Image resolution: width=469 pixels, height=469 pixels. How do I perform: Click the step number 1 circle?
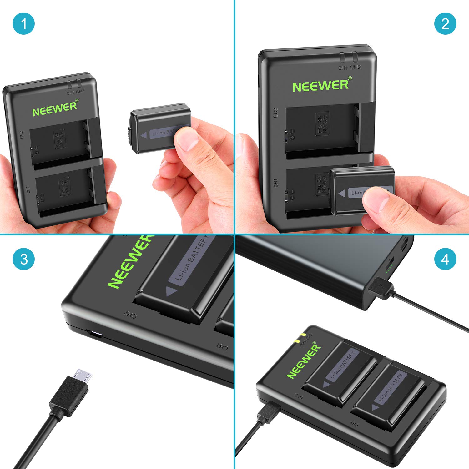(23, 24)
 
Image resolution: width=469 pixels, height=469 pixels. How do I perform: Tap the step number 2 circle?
(445, 24)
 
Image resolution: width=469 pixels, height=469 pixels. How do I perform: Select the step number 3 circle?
(23, 259)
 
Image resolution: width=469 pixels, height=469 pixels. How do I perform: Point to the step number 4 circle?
(445, 259)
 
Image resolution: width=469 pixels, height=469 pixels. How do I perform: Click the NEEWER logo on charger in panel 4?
(303, 361)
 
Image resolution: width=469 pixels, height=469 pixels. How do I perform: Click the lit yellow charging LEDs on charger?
(300, 337)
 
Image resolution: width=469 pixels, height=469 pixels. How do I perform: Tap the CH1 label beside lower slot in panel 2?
(275, 183)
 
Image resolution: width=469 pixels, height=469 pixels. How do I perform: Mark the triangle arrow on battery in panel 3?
(172, 291)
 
